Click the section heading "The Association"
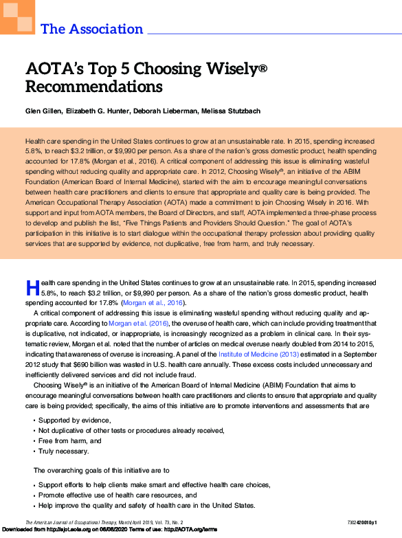coord(92,29)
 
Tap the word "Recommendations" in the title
coord(94,87)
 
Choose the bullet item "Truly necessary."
coord(64,451)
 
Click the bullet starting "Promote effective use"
coord(118,495)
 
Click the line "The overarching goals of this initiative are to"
coord(102,470)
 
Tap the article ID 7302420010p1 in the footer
coord(377,523)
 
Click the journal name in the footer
coord(76,523)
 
